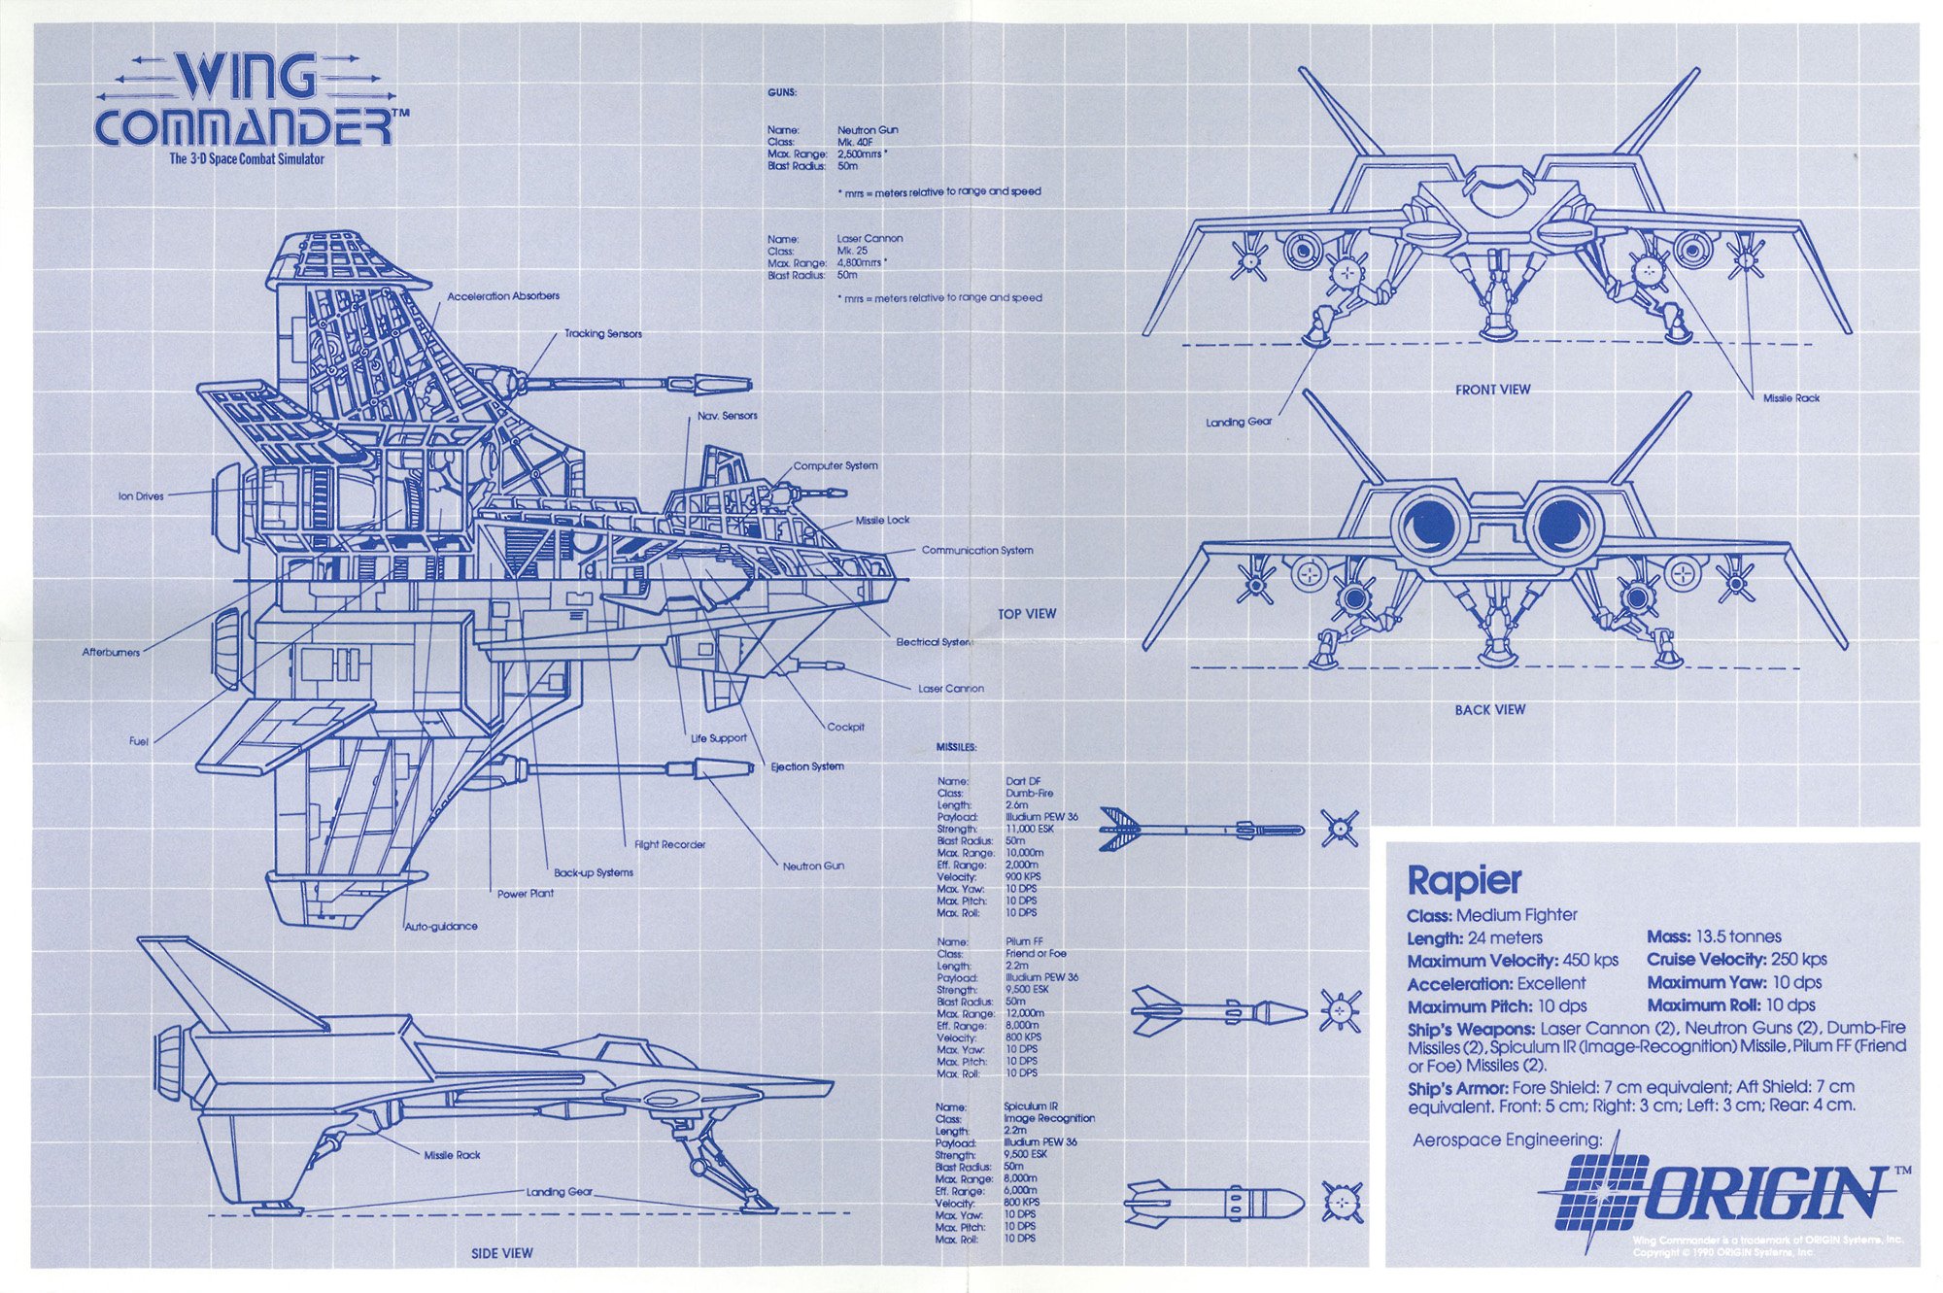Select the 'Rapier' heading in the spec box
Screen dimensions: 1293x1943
pyautogui.click(x=1464, y=880)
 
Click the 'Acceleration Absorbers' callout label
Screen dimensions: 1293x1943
pyautogui.click(x=503, y=296)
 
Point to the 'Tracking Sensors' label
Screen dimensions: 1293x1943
pyautogui.click(x=603, y=334)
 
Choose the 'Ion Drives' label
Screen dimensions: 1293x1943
pyautogui.click(x=142, y=496)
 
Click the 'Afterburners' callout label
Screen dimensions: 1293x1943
pyautogui.click(x=111, y=652)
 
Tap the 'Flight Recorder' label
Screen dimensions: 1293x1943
pyautogui.click(x=669, y=845)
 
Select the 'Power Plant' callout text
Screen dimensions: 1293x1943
pyautogui.click(x=526, y=894)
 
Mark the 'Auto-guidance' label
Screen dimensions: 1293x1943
pyautogui.click(x=441, y=927)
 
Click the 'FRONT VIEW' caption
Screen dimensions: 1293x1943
pyautogui.click(x=1492, y=390)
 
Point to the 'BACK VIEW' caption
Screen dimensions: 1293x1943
pyautogui.click(x=1489, y=710)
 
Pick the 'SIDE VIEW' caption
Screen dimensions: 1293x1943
pyautogui.click(x=501, y=1254)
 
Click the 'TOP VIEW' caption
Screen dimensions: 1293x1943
pyautogui.click(x=1027, y=614)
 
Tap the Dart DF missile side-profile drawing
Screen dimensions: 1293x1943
pyautogui.click(x=1201, y=830)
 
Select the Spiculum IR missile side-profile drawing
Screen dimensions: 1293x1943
pyautogui.click(x=1214, y=1203)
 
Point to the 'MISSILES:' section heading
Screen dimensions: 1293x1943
pyautogui.click(x=956, y=747)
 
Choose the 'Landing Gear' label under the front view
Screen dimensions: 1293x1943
pyautogui.click(x=1239, y=423)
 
